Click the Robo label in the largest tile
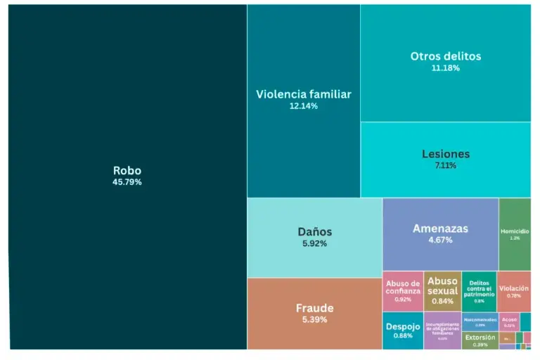pos(127,170)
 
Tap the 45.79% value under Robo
pos(127,182)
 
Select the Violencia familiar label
pos(303,94)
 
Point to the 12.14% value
pos(303,106)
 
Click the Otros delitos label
pos(446,56)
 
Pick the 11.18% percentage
pos(446,68)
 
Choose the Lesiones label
pos(446,154)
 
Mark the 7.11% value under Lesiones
pos(446,166)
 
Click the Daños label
pos(314,231)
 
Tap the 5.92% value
pos(314,244)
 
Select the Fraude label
pos(314,308)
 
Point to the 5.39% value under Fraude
pos(314,320)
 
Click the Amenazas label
pos(440,229)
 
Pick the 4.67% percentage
pos(440,240)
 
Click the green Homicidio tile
pos(515,234)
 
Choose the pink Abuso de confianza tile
pos(403,291)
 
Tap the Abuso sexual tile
pos(442,290)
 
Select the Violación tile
pos(514,291)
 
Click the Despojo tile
pos(403,330)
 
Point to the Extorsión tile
pos(480,340)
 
